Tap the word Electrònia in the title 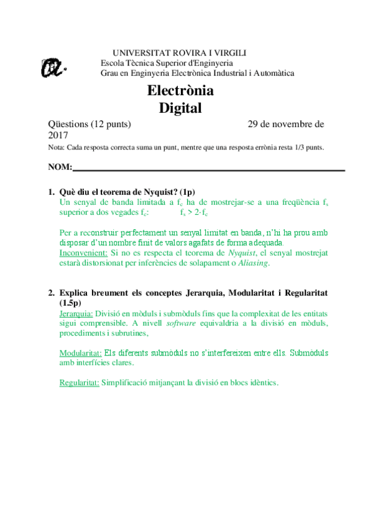pyautogui.click(x=180, y=91)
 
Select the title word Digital pyautogui.click(x=180, y=108)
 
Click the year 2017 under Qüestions pyautogui.click(x=58, y=134)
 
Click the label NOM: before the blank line pyautogui.click(x=60, y=168)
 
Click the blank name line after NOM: pyautogui.click(x=209, y=169)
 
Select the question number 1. pyautogui.click(x=51, y=192)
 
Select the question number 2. pyautogui.click(x=51, y=292)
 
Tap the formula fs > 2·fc pyautogui.click(x=194, y=213)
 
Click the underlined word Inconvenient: pyautogui.click(x=84, y=253)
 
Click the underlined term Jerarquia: pyautogui.click(x=76, y=313)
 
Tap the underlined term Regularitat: pyautogui.click(x=79, y=383)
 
